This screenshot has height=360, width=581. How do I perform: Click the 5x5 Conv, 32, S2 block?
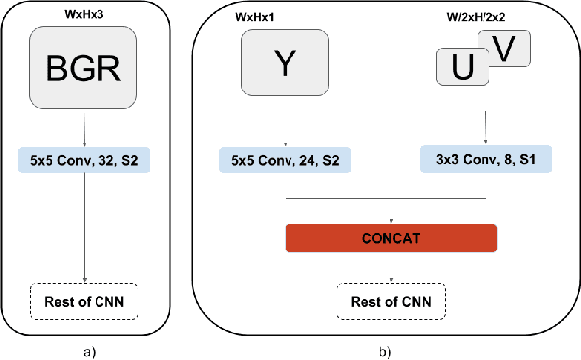point(84,159)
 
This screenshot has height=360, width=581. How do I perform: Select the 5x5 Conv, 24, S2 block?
point(286,159)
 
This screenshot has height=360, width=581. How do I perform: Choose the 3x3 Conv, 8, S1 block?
point(485,159)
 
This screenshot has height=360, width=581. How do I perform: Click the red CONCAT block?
point(390,239)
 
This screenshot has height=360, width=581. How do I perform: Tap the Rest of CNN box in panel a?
point(84,299)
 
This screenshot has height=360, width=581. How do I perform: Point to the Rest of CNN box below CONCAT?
point(390,299)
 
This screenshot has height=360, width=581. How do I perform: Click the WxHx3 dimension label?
point(84,14)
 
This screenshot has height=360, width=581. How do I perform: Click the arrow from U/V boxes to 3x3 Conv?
point(485,126)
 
